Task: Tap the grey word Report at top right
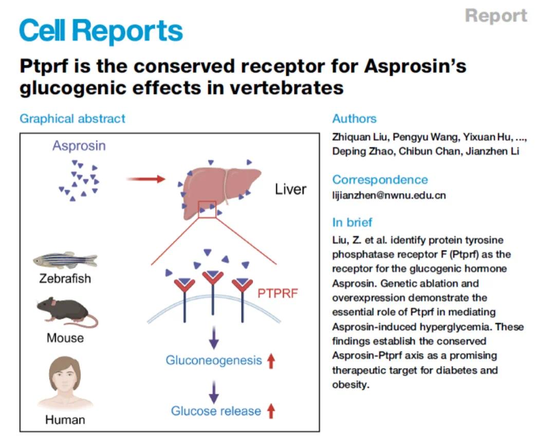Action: click(x=496, y=15)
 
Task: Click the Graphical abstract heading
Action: click(x=72, y=119)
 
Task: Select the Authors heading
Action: click(x=354, y=119)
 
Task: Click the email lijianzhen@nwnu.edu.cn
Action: click(x=389, y=195)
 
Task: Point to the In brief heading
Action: click(x=353, y=223)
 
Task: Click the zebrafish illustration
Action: click(x=65, y=261)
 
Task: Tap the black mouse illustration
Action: click(x=65, y=311)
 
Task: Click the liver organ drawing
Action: click(x=219, y=188)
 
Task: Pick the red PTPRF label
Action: click(x=278, y=294)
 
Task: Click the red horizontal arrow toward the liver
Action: click(x=146, y=179)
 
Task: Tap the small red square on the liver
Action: click(x=207, y=210)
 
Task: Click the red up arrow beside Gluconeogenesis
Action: click(x=271, y=361)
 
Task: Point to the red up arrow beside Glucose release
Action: click(x=271, y=411)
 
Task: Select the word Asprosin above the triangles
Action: click(x=79, y=146)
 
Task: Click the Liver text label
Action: click(x=290, y=189)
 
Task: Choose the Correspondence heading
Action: click(x=380, y=180)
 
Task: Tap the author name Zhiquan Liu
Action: click(x=356, y=138)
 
